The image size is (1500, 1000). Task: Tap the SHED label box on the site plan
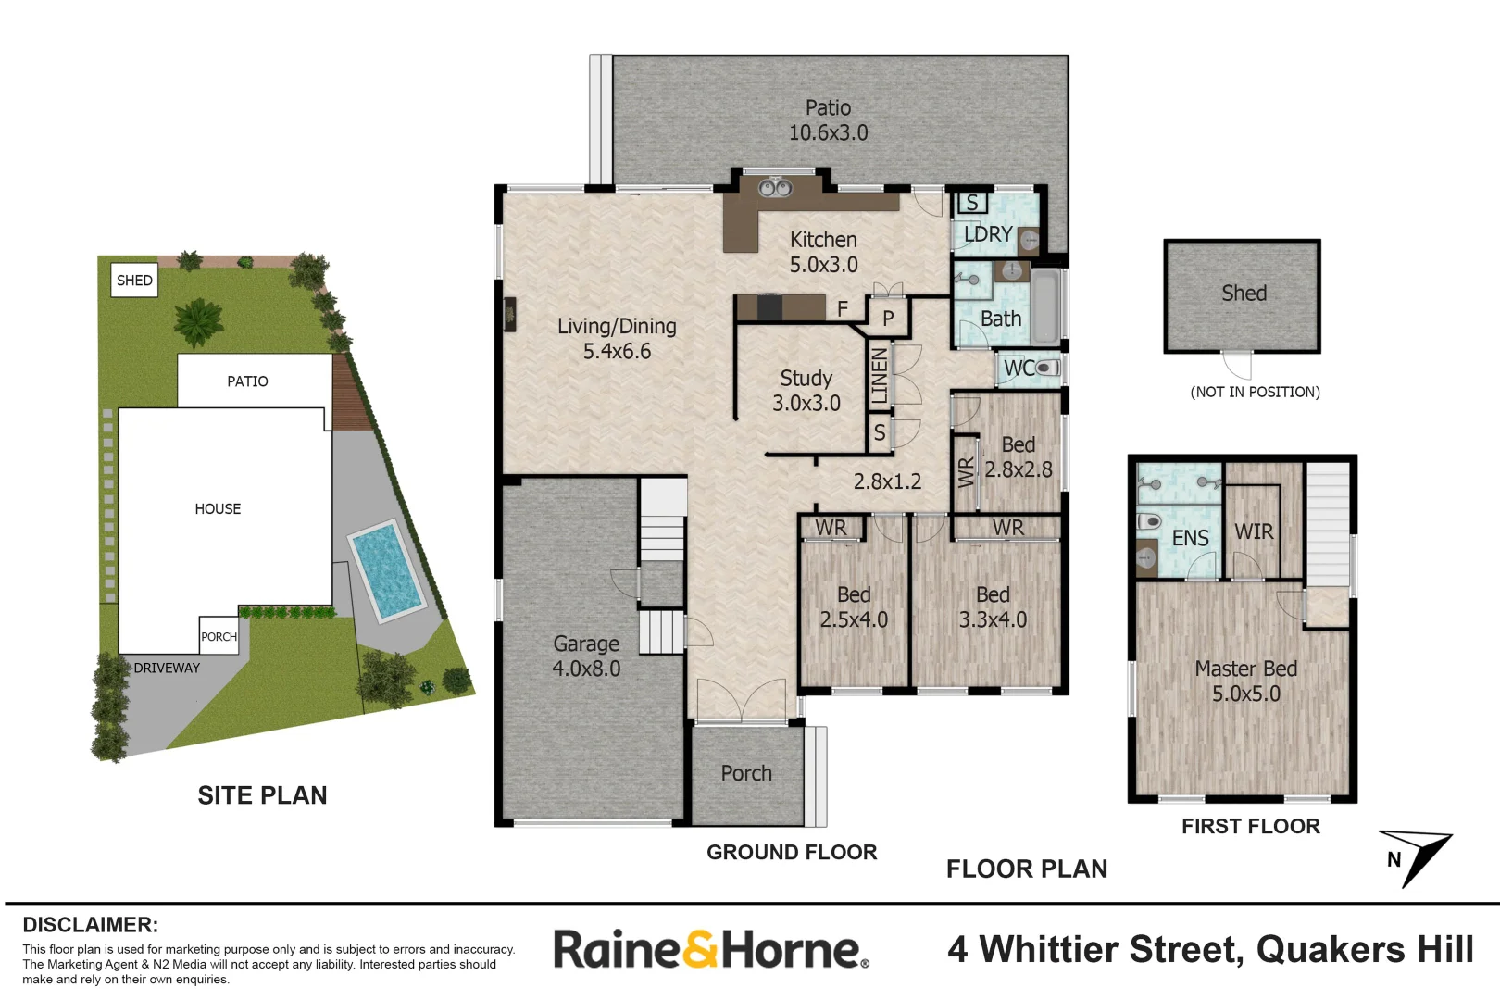point(134,281)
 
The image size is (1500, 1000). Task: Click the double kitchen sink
point(775,188)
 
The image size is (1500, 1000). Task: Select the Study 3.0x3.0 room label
point(806,391)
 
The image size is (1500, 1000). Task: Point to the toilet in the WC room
point(1046,368)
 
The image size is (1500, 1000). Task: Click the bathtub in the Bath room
point(1046,306)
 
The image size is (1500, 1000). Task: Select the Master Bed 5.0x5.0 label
point(1246,681)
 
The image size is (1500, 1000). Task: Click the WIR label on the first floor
point(1254,531)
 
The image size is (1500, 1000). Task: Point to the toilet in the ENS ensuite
point(1148,521)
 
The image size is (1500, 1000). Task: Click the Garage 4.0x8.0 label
point(586,656)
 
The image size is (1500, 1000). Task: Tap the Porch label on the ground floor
point(746,773)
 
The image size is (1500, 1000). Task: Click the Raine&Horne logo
point(710,950)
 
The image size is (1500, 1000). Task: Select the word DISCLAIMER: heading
point(90,925)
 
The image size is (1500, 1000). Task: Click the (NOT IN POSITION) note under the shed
point(1255,392)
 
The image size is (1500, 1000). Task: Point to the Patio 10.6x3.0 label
point(828,120)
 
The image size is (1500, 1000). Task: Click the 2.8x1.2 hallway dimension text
point(887,481)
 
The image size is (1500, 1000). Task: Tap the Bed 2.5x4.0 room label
point(854,607)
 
